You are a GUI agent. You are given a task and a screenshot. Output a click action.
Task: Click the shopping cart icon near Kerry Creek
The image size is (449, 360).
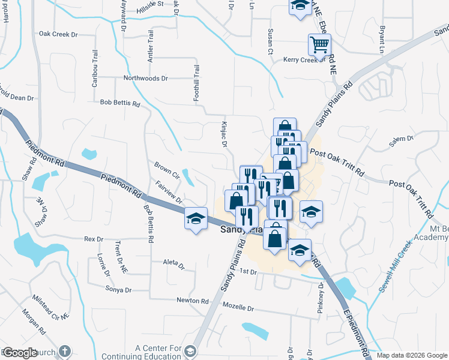click(319, 44)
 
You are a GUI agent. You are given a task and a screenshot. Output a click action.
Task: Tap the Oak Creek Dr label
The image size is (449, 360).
click(59, 34)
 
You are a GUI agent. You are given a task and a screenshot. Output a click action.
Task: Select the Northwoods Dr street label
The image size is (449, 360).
click(146, 78)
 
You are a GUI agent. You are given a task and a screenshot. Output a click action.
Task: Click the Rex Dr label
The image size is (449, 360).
click(94, 238)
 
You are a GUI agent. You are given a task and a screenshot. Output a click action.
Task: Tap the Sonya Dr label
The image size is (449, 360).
click(118, 290)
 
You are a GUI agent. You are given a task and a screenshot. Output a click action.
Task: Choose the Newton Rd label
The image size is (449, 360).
click(192, 301)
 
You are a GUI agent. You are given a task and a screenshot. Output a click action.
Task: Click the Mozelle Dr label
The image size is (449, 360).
click(238, 308)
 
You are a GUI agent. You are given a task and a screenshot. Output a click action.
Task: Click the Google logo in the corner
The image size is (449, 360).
click(20, 353)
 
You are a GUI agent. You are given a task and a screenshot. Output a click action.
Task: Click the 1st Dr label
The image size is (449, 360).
click(248, 272)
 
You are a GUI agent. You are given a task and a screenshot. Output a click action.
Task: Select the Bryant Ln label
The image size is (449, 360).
click(382, 36)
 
